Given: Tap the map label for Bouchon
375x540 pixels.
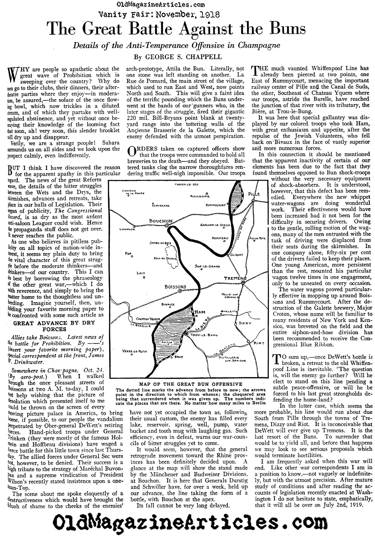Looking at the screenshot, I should (161, 221).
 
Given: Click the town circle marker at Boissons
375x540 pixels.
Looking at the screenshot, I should (180, 291).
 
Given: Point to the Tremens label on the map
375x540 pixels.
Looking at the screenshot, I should (235, 278).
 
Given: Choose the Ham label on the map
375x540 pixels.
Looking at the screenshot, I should (200, 311).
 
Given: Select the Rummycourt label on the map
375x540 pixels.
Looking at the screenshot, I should (217, 205).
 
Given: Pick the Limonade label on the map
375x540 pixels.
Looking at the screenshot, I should (127, 229).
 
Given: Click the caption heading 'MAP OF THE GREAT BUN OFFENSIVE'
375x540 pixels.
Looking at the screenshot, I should (191, 384).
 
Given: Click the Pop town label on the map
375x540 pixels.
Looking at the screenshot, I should (128, 253).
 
